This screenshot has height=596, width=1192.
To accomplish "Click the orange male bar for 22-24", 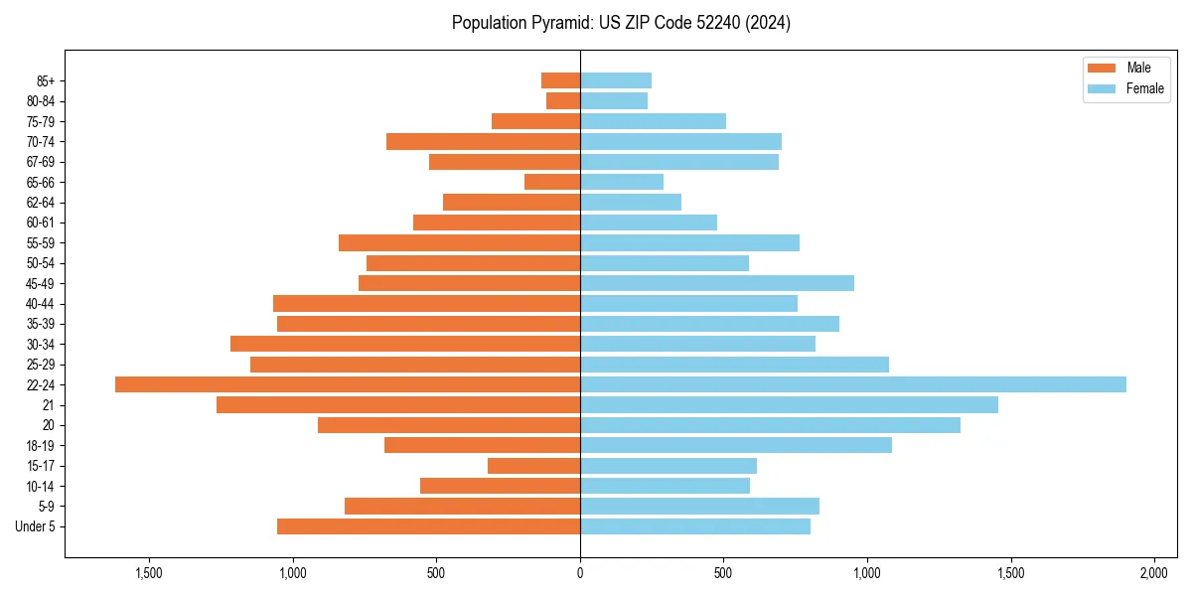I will tap(348, 384).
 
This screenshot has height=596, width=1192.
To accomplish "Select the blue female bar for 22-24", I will tap(852, 384).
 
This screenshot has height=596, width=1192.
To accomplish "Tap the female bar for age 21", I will tap(789, 404).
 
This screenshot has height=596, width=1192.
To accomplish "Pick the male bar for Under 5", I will tap(428, 526).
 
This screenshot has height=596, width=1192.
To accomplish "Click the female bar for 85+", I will tap(616, 80).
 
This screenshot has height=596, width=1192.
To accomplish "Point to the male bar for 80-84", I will tap(563, 100).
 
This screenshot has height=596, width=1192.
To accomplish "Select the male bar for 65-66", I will tap(552, 182).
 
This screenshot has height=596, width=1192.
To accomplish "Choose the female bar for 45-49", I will tap(717, 283).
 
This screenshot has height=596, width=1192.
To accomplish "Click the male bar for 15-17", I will tap(533, 465).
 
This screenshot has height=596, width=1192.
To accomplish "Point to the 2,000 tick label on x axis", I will tap(1153, 574).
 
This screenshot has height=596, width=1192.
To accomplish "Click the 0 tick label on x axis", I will tap(580, 574).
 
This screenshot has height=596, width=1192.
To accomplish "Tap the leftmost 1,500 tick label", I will tap(149, 574).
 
